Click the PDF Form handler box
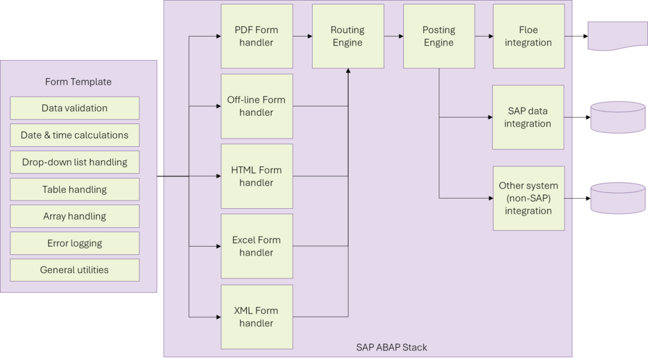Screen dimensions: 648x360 point(257,36)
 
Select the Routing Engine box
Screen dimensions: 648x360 point(348,36)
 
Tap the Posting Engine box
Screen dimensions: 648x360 point(439,36)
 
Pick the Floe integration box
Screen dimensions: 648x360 point(528,36)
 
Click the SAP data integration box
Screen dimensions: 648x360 point(528,118)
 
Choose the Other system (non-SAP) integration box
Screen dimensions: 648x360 point(528,199)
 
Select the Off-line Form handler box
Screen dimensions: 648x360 point(257,106)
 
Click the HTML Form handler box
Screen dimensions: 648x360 point(257,176)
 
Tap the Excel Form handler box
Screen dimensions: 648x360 point(257,246)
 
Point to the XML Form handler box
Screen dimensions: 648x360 point(257,317)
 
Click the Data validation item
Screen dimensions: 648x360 point(75,108)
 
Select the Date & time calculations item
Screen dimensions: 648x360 point(75,135)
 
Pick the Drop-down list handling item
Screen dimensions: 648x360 point(75,162)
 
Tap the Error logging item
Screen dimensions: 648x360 point(75,243)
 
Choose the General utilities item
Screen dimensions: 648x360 point(75,270)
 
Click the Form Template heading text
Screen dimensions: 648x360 point(78,82)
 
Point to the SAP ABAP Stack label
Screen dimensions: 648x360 point(392,347)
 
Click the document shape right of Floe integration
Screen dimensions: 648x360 point(618,36)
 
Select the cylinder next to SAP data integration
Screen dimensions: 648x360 point(618,118)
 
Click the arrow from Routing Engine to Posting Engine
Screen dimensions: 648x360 point(394,36)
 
